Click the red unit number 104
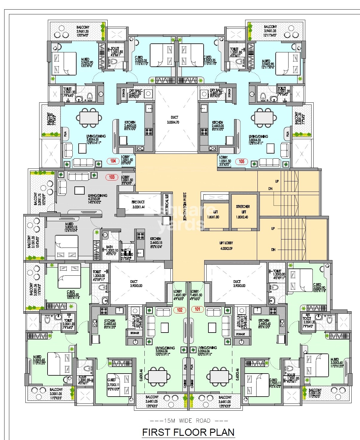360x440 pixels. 113,161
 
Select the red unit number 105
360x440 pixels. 241,161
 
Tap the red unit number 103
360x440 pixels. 112,177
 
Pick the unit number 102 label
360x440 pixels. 179,310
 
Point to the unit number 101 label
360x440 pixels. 197,309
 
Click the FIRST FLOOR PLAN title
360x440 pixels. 188,432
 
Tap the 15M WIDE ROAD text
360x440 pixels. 188,421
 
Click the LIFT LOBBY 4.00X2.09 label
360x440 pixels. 226,245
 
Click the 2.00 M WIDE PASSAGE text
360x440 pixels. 184,207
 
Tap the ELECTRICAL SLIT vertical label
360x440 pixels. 167,204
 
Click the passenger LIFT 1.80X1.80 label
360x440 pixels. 213,214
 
